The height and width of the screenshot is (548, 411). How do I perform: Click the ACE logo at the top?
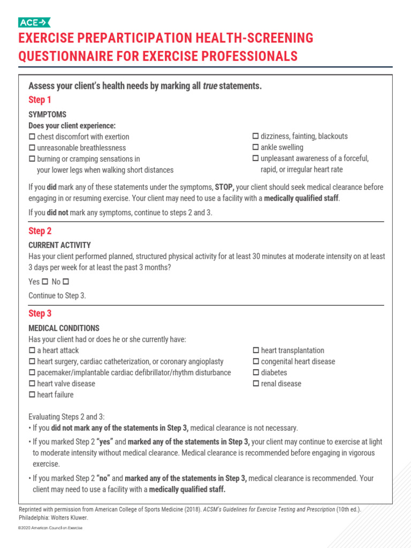tap(34, 22)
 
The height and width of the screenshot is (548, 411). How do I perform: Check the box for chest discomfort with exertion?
tap(32, 137)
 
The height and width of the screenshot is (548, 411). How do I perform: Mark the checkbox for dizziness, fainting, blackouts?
tap(256, 136)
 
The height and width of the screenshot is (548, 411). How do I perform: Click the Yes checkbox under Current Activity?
tap(45, 281)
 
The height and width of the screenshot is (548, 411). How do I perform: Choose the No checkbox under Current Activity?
tap(66, 281)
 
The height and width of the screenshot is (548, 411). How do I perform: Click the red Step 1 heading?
tap(40, 100)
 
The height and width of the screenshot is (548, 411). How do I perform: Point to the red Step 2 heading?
tap(40, 231)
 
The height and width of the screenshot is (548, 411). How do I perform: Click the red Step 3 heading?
tap(40, 314)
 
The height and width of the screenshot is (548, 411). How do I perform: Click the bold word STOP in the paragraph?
tap(224, 187)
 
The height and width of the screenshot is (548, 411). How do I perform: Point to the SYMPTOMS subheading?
tap(47, 115)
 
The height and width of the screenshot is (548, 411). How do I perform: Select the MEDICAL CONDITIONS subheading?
tap(64, 328)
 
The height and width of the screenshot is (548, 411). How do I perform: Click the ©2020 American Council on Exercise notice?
tap(50, 528)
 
